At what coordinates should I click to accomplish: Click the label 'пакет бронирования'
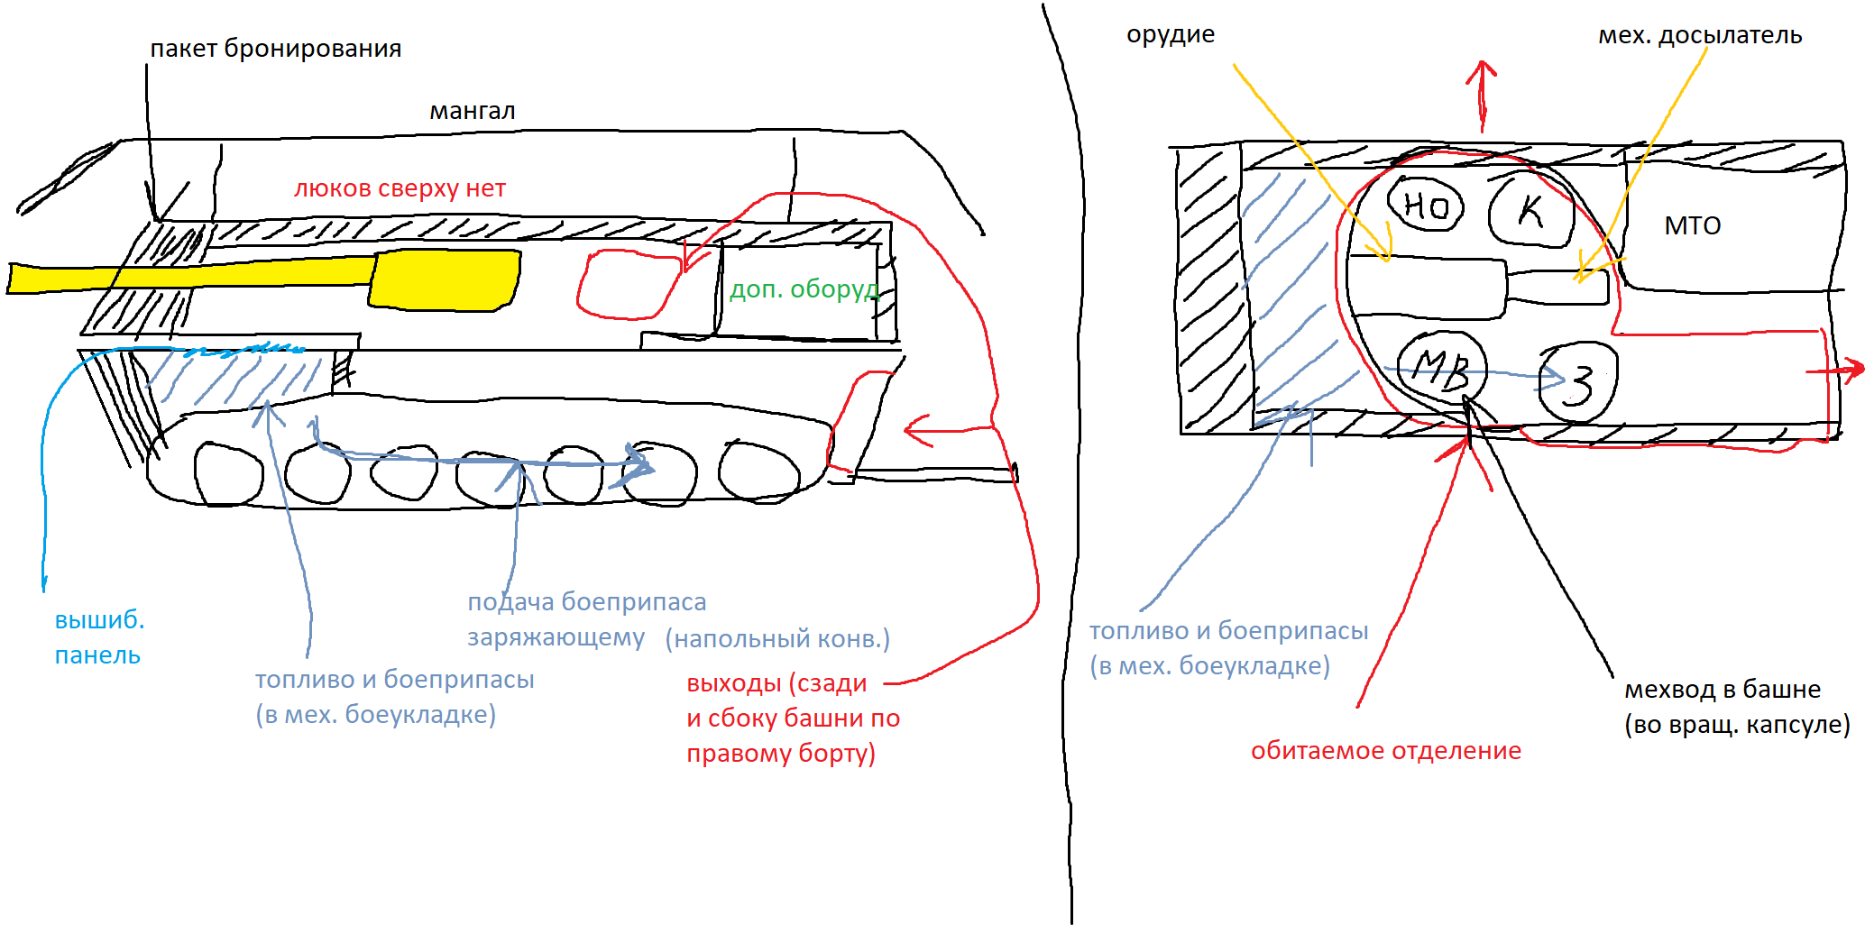(275, 49)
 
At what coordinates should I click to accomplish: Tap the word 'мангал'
(472, 111)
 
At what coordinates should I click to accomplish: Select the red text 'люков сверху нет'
(400, 188)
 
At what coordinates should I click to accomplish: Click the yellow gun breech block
(446, 280)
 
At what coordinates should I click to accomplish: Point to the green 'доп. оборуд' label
(803, 289)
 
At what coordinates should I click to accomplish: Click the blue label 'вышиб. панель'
(98, 637)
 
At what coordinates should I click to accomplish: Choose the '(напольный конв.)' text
(777, 639)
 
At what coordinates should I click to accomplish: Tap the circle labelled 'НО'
(1426, 205)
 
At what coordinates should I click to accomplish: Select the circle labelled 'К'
(1530, 211)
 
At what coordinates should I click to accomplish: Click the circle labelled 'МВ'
(1440, 368)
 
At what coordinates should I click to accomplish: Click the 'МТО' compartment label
(1692, 225)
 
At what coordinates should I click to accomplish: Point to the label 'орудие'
(1170, 35)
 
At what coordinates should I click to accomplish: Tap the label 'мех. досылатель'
(1699, 36)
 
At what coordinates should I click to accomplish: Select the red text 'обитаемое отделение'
(1385, 751)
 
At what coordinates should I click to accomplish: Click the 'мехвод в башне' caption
(1722, 690)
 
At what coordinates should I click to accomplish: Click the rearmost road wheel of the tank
(758, 471)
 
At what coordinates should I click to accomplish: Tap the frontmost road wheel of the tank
(228, 472)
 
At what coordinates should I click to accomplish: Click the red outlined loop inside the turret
(628, 285)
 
